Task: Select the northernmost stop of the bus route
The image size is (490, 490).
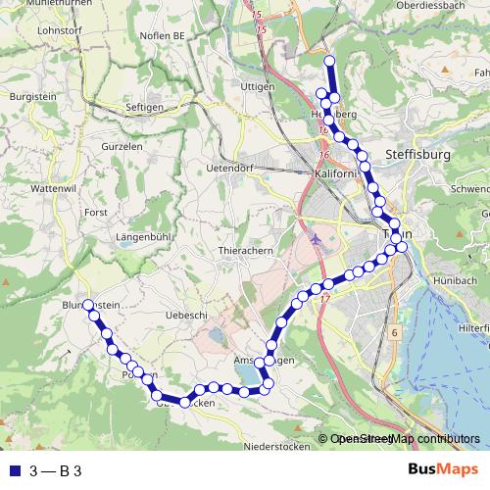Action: coord(329,62)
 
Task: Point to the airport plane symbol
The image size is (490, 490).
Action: coord(313,237)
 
